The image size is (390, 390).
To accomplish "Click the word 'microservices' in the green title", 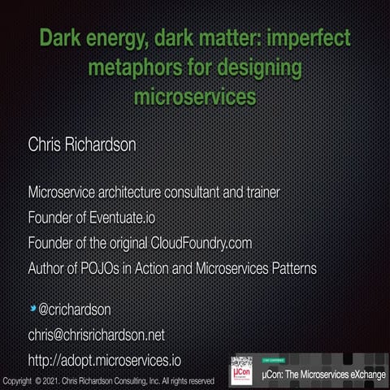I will click(194, 97).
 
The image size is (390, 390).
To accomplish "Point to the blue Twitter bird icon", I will click(33, 309).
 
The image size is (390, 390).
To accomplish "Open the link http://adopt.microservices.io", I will click(104, 359).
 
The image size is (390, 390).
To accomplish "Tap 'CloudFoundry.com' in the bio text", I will click(201, 243).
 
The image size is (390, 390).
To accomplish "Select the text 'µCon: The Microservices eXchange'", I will click(323, 375).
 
